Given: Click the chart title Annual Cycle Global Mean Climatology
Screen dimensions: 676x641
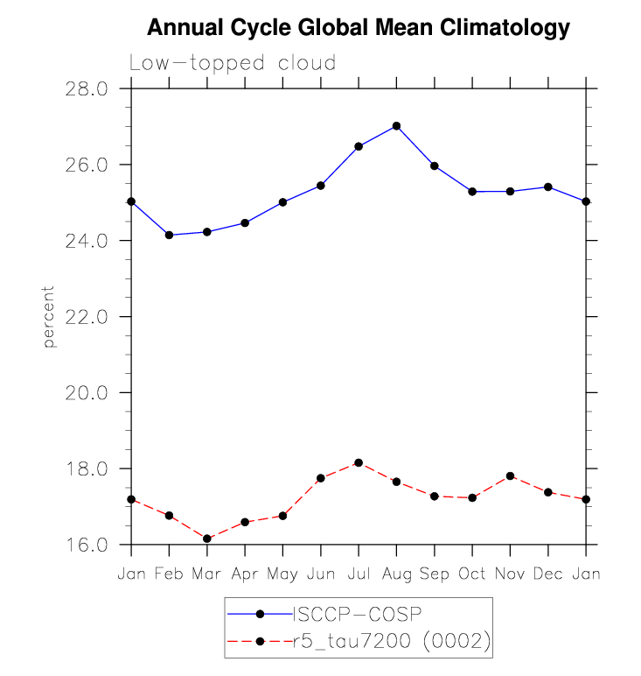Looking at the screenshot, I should (x=359, y=28).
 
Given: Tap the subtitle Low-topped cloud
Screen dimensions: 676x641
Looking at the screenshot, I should (x=233, y=64).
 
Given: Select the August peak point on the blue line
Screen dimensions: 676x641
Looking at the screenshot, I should (x=396, y=126).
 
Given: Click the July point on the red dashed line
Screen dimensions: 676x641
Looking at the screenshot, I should (x=359, y=462).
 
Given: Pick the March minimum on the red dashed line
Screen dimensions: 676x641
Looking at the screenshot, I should (x=207, y=539).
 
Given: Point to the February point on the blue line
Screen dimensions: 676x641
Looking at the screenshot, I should (x=169, y=235).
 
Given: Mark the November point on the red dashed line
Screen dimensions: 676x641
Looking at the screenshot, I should (x=510, y=475).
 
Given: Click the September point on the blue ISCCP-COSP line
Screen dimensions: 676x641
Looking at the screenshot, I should (x=435, y=165).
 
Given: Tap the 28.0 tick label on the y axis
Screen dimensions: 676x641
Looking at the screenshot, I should (x=87, y=88).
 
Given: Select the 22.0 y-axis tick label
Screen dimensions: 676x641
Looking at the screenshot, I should (x=87, y=317).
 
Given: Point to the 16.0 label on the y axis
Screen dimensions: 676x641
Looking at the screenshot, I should (x=87, y=545).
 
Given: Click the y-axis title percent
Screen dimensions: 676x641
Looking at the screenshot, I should (x=50, y=316).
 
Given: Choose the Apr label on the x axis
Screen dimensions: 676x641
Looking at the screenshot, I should (x=245, y=574).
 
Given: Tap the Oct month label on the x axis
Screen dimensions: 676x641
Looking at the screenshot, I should (x=472, y=574).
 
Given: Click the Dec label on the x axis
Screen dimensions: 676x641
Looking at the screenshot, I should (x=548, y=574).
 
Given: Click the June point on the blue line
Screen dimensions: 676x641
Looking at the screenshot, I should (x=321, y=186).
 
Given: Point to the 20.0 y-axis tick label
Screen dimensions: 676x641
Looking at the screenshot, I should (x=87, y=393).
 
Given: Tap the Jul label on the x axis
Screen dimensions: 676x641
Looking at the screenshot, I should (x=359, y=574).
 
